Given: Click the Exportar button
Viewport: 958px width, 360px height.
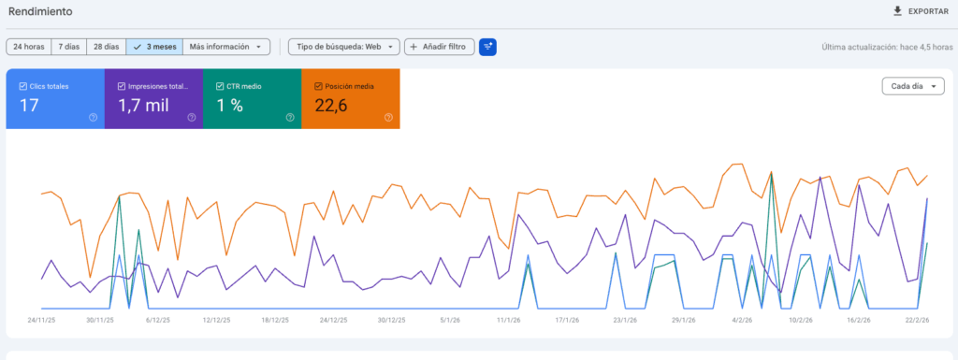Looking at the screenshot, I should click(x=921, y=11).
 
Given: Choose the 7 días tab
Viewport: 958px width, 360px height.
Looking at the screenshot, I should click(x=68, y=46).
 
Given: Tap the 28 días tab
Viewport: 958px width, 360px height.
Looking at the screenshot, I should click(x=106, y=46).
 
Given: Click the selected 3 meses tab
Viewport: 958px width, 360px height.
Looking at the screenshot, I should click(x=154, y=46).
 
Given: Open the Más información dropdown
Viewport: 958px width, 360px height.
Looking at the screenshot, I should click(x=225, y=46).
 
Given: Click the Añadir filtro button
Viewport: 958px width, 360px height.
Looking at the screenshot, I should click(x=439, y=46).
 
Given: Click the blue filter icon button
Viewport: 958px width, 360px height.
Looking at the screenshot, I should click(x=487, y=46).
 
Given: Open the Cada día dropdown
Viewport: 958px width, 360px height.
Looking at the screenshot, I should click(x=911, y=86).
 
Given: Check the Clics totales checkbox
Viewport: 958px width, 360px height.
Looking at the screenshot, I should click(x=23, y=86).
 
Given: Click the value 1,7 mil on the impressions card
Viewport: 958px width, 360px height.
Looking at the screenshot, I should click(x=143, y=106).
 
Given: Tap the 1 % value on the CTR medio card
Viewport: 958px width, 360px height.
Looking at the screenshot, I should click(x=230, y=106).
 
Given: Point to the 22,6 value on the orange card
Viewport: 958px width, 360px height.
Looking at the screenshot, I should click(x=331, y=106).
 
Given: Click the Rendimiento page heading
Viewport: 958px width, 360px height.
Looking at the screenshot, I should click(x=41, y=11).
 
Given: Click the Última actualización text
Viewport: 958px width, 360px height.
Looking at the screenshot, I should click(x=884, y=47).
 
